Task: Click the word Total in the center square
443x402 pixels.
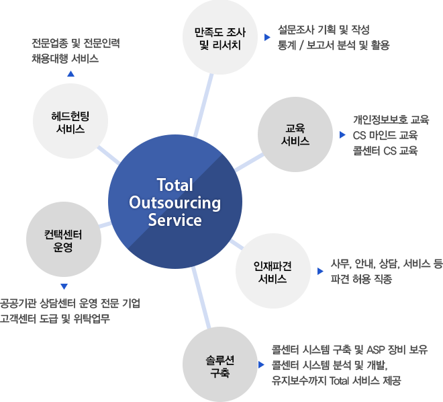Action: tap(175, 185)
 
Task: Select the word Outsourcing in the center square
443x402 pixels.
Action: tap(175, 202)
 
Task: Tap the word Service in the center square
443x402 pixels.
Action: tap(175, 220)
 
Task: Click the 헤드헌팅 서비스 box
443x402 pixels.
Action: tap(70, 120)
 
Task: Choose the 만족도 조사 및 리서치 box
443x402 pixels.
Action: tap(219, 38)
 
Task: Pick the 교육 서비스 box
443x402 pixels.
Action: tap(295, 134)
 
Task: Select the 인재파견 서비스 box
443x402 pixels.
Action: tap(273, 270)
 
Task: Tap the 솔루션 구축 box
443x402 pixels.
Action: tap(219, 364)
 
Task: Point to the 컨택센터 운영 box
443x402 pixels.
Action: tap(63, 239)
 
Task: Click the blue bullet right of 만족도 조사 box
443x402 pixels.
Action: tap(267, 37)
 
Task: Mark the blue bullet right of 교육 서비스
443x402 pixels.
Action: tap(342, 134)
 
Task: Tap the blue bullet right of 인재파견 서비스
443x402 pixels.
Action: tap(320, 271)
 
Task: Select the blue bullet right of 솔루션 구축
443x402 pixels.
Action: tap(261, 364)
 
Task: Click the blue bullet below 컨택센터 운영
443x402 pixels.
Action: tap(64, 286)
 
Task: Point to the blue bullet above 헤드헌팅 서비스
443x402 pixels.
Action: tap(70, 73)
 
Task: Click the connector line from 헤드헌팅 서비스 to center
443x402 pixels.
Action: tap(108, 155)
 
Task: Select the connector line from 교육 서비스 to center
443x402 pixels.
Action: tap(249, 162)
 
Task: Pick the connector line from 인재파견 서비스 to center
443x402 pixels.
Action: tap(237, 243)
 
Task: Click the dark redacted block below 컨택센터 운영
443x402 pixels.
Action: tap(70, 311)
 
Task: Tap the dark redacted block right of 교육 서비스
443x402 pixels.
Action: tap(391, 134)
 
